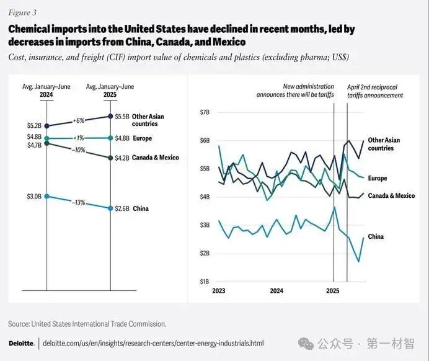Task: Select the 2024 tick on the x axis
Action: (276, 290)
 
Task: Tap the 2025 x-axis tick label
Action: (333, 290)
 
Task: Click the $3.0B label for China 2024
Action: (34, 197)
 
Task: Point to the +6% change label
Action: (79, 120)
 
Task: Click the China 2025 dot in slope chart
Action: (110, 208)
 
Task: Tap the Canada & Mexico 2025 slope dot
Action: (110, 158)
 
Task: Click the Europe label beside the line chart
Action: (377, 179)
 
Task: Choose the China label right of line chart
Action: (376, 237)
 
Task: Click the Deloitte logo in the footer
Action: (21, 343)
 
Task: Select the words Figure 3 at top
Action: (22, 12)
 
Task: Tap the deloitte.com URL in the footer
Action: (153, 343)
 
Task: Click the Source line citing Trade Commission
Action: (87, 324)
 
